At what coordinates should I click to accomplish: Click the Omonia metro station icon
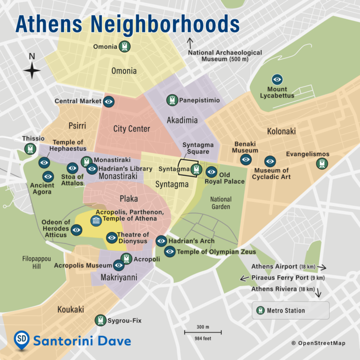coord(124,46)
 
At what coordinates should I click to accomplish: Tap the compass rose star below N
coord(32,71)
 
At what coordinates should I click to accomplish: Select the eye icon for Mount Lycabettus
coord(277,79)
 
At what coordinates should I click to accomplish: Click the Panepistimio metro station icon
coord(172,100)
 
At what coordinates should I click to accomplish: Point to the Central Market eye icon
coord(109,101)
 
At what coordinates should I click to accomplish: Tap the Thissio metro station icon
coord(30,149)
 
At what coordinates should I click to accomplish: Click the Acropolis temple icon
coord(96,220)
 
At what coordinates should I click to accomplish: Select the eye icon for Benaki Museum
coord(246,159)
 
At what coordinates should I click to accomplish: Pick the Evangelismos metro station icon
coord(322,163)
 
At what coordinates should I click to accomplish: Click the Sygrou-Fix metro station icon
coord(100,320)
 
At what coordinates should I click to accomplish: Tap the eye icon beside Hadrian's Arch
coord(161,241)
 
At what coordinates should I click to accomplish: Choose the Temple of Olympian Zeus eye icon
coord(170,252)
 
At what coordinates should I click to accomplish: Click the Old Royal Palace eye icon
coord(211,172)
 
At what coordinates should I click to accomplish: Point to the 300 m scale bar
coord(202,332)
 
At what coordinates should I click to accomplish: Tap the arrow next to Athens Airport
coord(321,267)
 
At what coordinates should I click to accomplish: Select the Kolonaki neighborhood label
coord(281,131)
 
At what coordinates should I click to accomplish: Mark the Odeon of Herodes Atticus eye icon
coord(76,229)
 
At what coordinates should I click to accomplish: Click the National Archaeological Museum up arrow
coord(190,44)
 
